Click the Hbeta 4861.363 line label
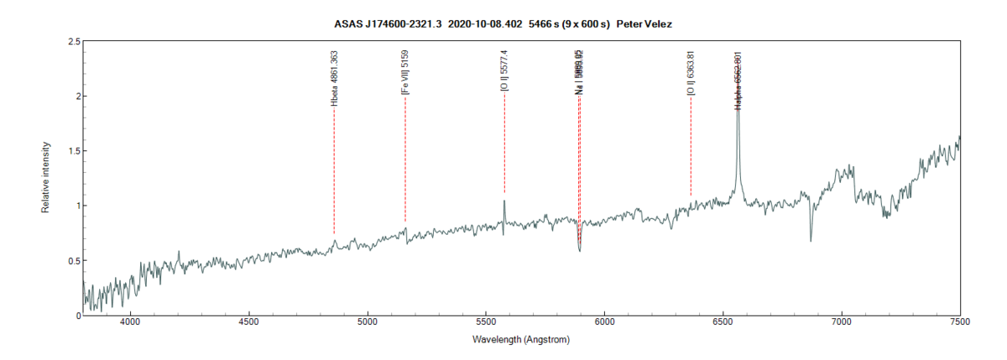coord(335,78)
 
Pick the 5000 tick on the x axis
coord(368,321)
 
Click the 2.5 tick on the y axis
coord(74,41)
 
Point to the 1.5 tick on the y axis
coord(74,151)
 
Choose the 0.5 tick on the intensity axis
coord(74,261)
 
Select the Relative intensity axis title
coord(47,178)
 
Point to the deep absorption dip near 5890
coord(579,248)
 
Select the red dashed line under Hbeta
coord(334,168)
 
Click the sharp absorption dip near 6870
coord(811,239)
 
